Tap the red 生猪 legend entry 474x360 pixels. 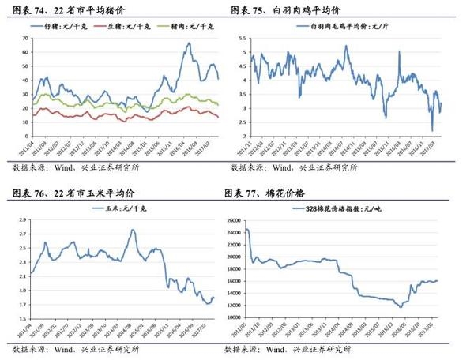[126, 27]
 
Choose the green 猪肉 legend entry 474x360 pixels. [185, 27]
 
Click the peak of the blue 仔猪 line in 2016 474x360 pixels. [189, 43]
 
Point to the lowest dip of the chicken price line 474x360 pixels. [432, 130]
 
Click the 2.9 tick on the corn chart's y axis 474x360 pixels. [21, 214]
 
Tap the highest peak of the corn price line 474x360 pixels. [132, 230]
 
